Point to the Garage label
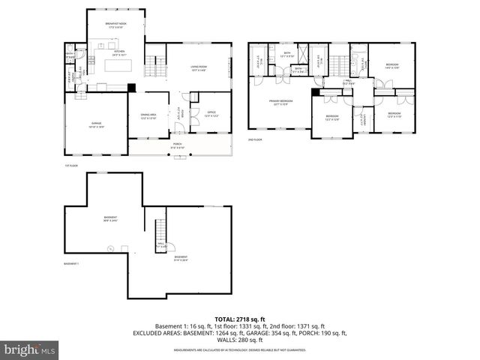97,124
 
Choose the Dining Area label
147,116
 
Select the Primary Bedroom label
281,102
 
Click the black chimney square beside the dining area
132,88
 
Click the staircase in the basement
159,231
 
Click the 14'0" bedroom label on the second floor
392,66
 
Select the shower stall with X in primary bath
302,54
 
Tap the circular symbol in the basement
110,248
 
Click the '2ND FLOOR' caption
256,140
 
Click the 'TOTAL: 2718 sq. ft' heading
239,319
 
